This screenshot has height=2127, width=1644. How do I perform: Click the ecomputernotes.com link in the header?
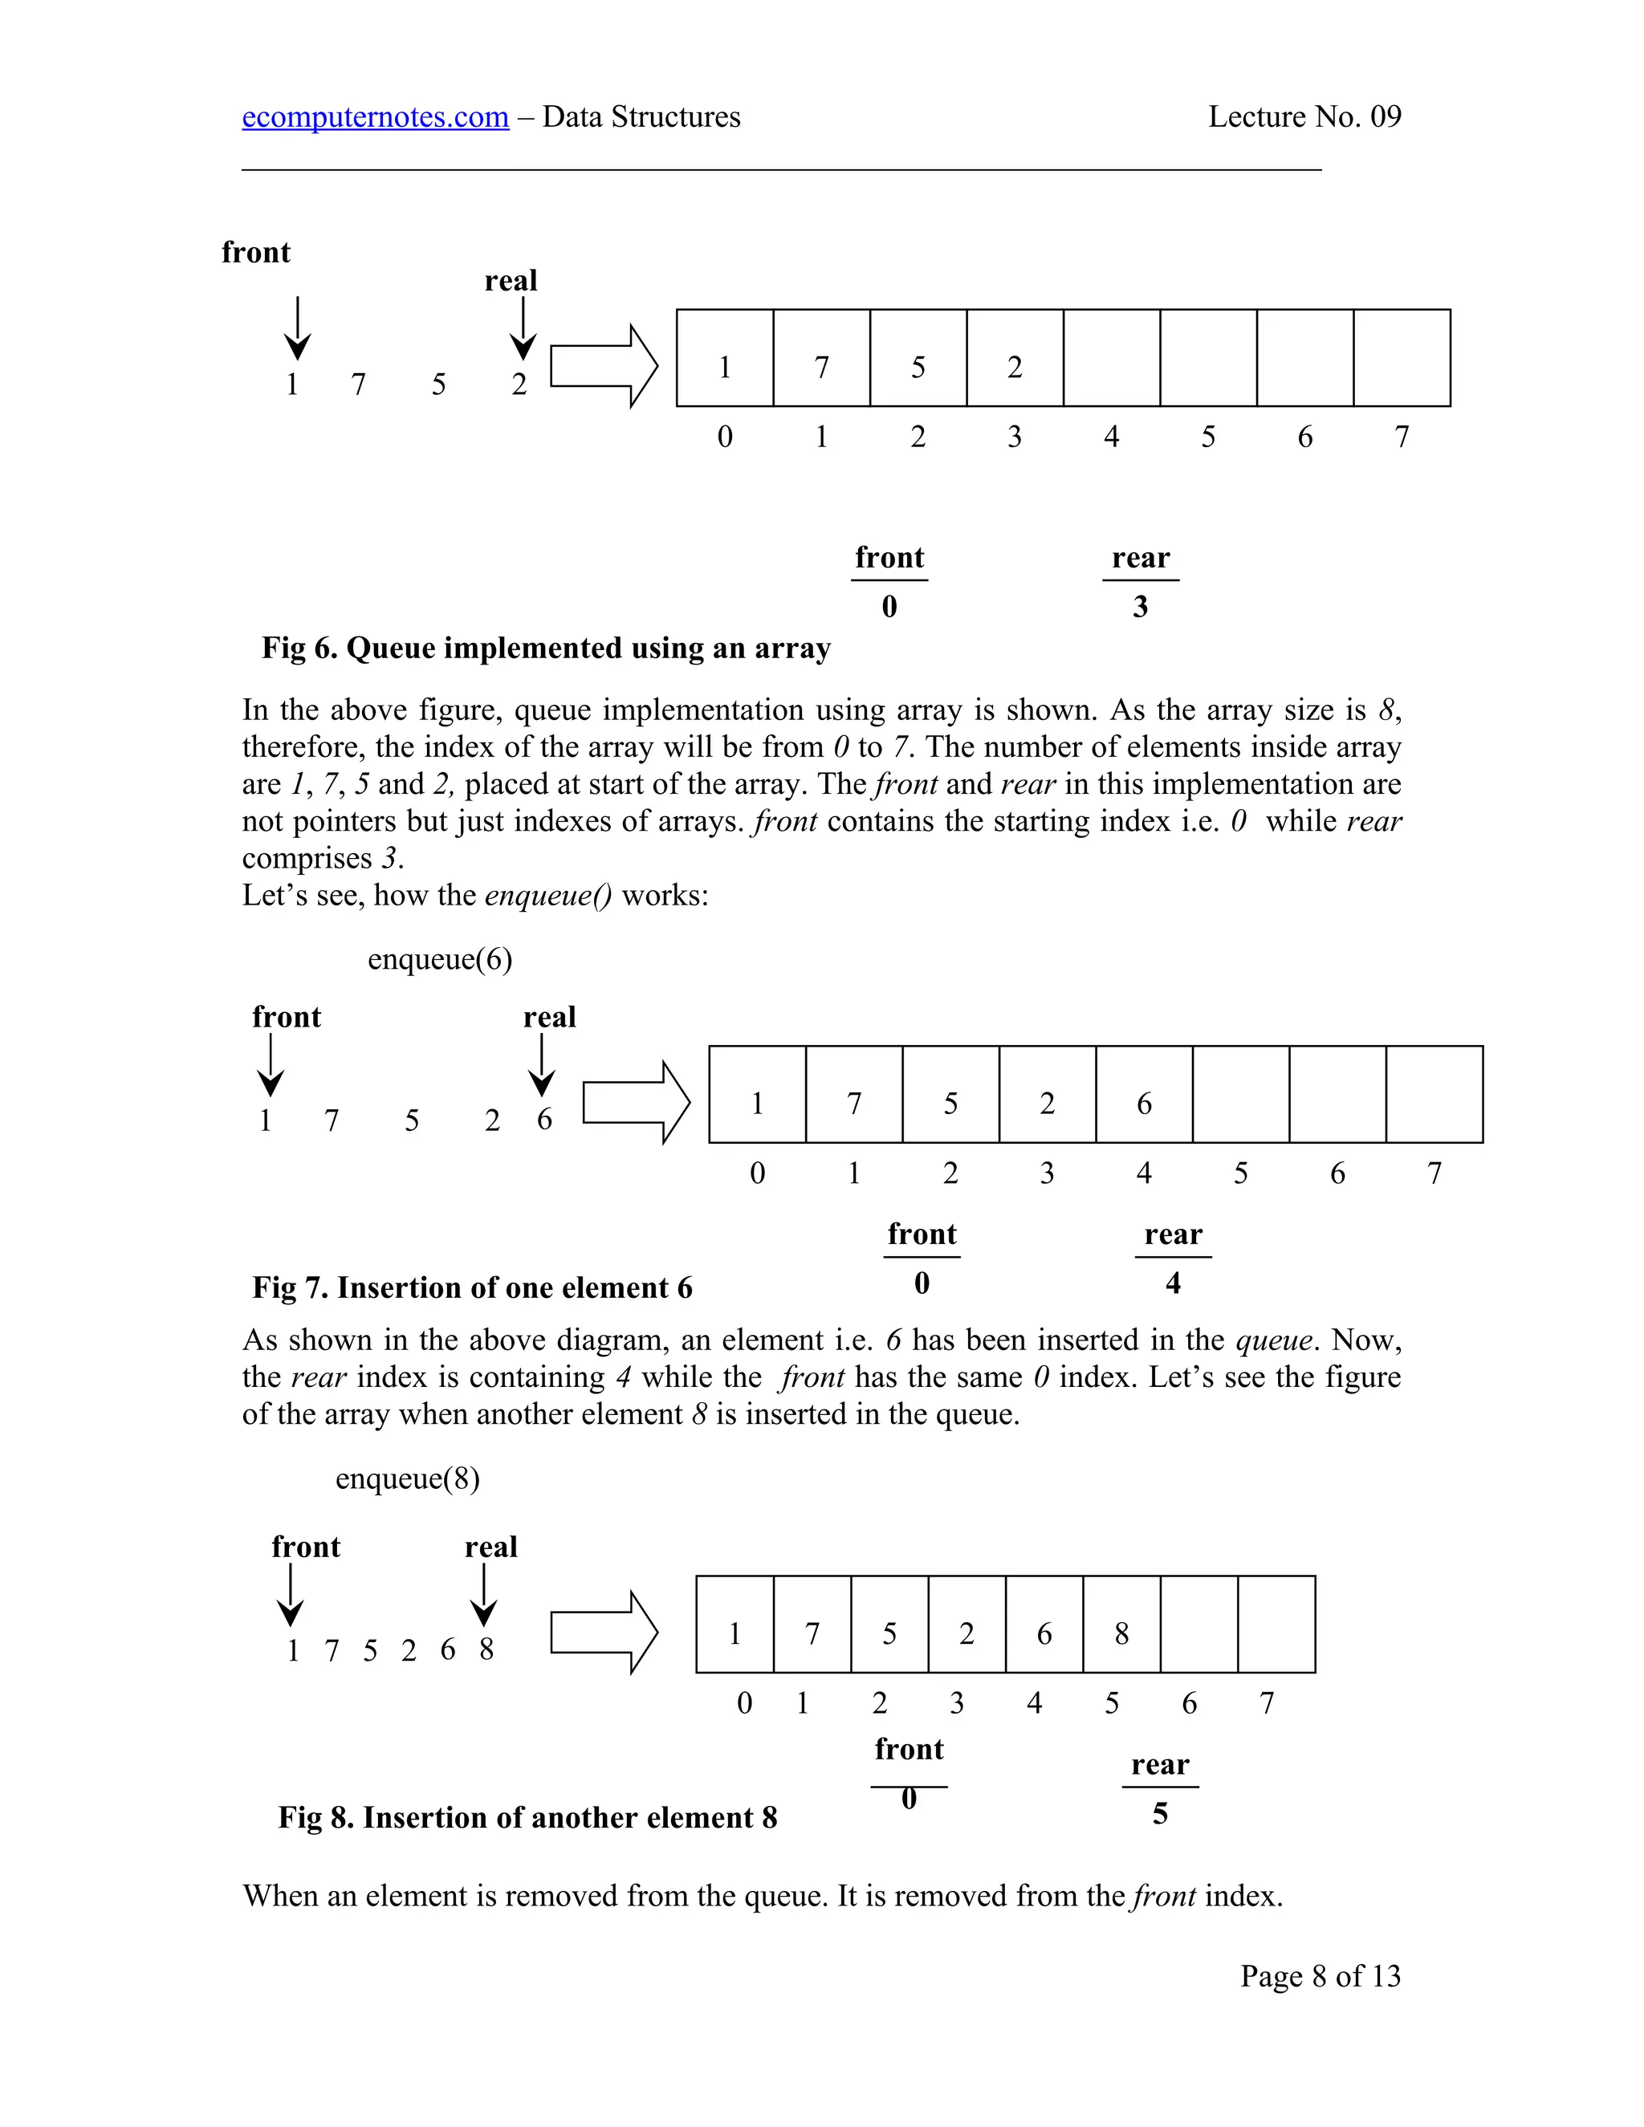click(x=375, y=117)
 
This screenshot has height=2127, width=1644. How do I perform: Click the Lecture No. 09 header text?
click(x=1304, y=117)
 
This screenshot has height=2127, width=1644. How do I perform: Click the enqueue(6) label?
click(x=439, y=959)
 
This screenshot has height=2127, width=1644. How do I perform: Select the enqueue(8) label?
click(x=407, y=1478)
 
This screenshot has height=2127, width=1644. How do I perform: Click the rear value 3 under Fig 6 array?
click(x=1141, y=607)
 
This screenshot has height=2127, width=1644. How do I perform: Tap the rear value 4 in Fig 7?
click(x=1173, y=1283)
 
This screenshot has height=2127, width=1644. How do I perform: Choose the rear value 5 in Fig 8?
click(x=1160, y=1813)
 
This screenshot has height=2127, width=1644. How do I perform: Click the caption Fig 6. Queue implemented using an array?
click(x=545, y=649)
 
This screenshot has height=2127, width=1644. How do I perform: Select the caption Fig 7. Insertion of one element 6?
click(x=472, y=1287)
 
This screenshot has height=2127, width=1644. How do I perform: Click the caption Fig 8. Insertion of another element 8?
click(x=527, y=1817)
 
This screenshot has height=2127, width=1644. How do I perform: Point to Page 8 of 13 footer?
click(x=1320, y=1976)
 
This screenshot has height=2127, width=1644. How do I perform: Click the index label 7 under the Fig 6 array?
click(x=1402, y=437)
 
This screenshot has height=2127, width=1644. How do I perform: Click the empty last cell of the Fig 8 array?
click(x=1276, y=1625)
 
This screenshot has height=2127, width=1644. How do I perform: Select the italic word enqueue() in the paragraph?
click(x=548, y=895)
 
